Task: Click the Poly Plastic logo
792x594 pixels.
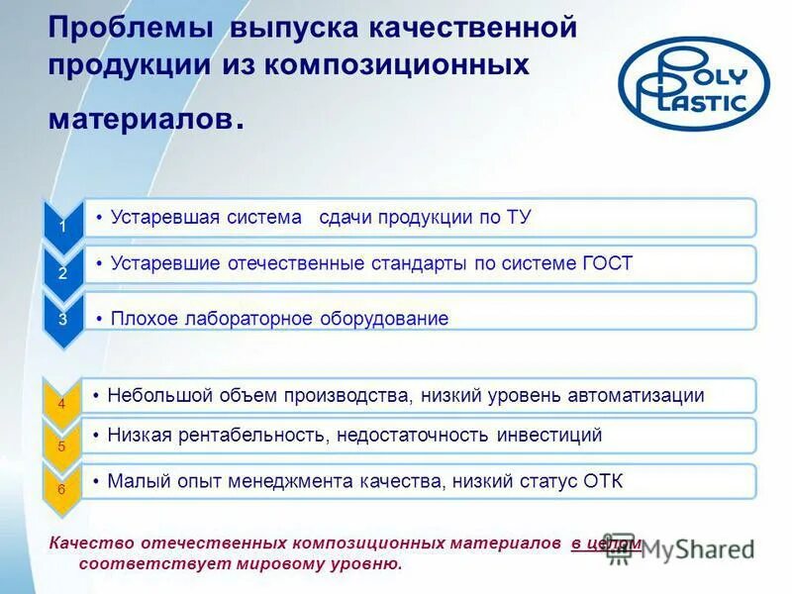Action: [x=694, y=80]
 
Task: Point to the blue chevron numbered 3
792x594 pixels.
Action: [x=62, y=319]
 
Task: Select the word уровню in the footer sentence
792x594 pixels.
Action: [x=371, y=563]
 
